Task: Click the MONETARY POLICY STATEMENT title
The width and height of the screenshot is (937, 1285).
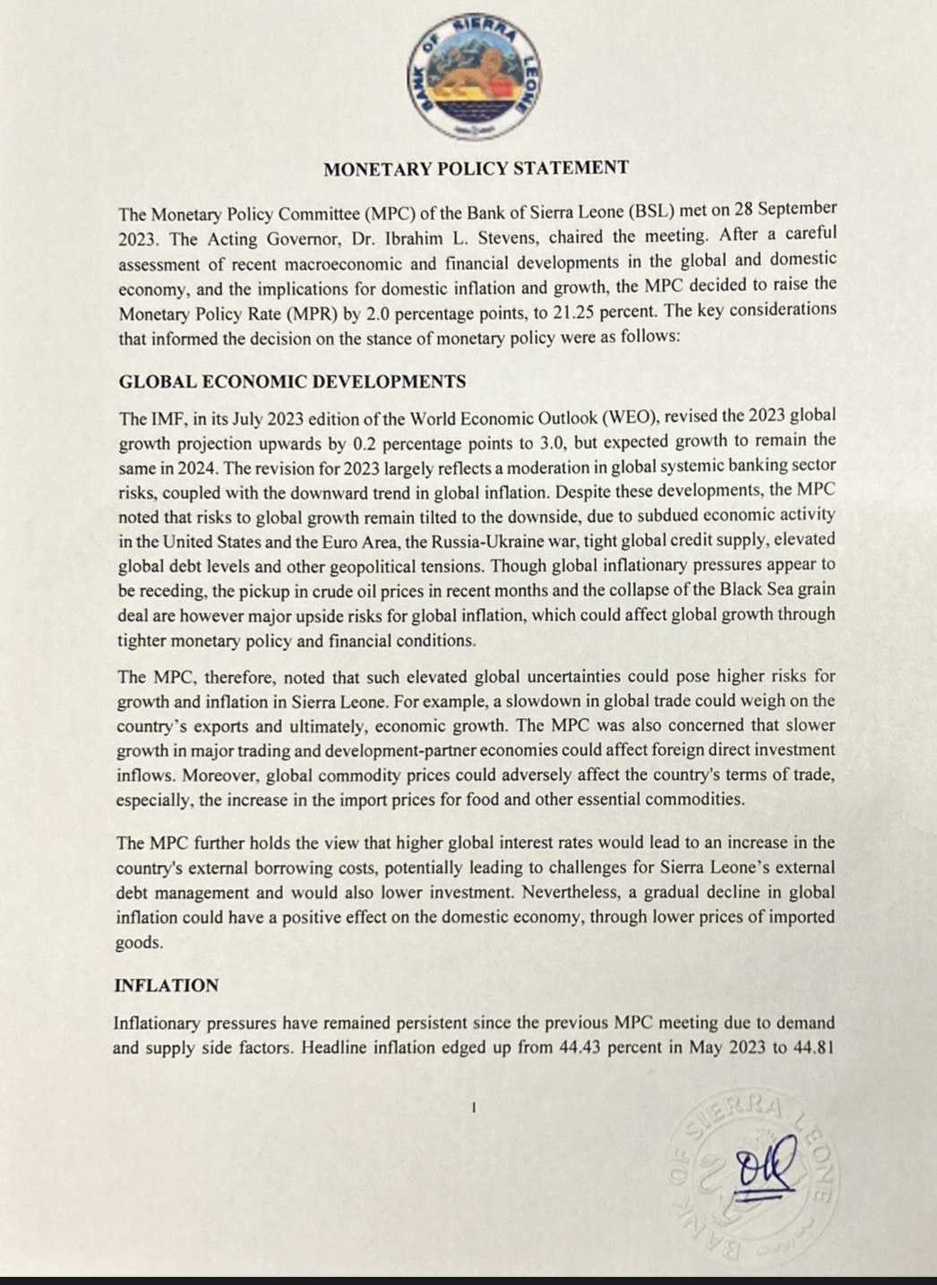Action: coord(476,168)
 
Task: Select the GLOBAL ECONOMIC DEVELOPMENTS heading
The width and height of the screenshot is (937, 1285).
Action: coord(292,381)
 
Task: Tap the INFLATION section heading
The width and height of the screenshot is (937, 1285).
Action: coord(167,986)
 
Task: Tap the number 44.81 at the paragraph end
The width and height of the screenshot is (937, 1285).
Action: coord(813,1047)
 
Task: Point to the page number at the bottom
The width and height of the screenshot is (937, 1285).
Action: coord(473,1108)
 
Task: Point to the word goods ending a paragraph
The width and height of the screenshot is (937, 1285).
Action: coord(138,942)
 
